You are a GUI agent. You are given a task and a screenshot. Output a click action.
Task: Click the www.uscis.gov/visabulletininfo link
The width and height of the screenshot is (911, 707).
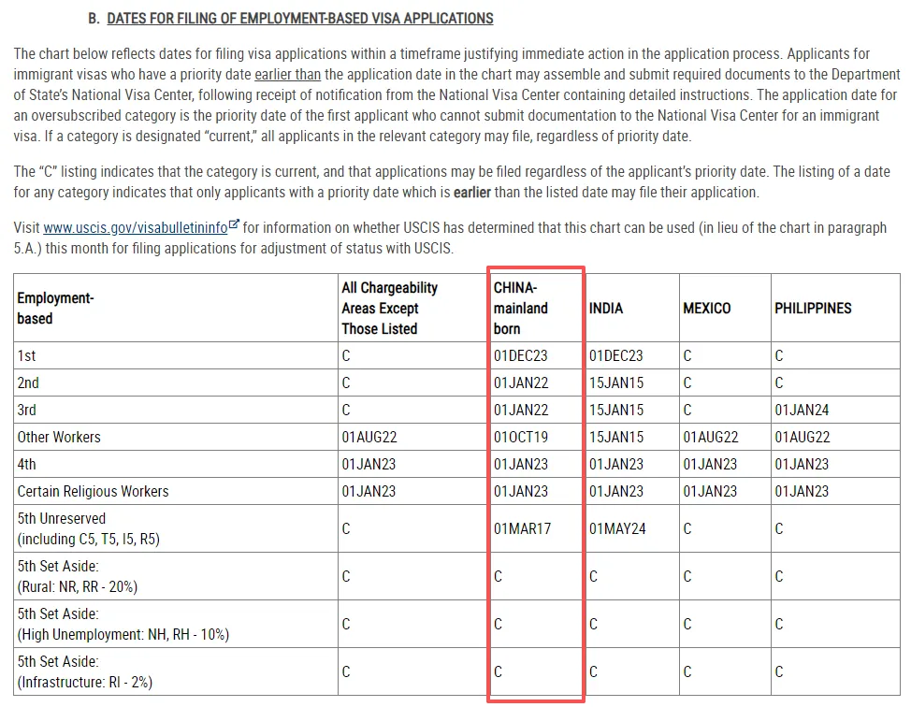[135, 228]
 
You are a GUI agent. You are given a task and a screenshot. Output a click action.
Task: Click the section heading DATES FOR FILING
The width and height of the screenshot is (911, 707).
[299, 19]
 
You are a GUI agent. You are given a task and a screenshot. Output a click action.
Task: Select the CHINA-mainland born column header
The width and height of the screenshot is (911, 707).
[521, 308]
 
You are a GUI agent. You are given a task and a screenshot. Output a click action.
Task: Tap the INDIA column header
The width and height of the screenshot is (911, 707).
[606, 308]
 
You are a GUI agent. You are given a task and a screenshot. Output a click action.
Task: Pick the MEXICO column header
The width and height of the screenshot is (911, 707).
[707, 308]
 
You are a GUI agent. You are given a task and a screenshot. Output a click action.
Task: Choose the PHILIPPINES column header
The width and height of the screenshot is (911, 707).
[813, 308]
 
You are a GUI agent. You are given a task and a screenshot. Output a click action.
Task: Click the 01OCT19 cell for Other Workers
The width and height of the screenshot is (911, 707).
[521, 437]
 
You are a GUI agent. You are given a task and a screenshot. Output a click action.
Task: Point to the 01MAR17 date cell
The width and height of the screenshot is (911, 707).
[522, 528]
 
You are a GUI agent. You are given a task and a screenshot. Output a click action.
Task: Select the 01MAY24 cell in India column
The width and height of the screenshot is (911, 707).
[616, 528]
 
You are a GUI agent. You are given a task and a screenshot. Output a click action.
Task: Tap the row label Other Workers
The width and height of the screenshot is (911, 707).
[59, 437]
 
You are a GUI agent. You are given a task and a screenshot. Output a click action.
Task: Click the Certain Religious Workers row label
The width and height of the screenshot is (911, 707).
[93, 491]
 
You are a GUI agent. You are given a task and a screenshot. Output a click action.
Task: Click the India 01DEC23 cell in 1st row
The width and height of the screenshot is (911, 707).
[615, 355]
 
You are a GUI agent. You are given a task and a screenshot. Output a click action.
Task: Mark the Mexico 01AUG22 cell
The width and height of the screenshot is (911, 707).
[710, 437]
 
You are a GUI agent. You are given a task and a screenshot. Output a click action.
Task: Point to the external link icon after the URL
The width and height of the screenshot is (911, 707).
[234, 225]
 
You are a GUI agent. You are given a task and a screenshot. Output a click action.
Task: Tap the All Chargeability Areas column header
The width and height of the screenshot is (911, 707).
[389, 308]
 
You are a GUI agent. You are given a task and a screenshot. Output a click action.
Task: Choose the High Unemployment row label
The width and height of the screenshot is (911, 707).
[123, 624]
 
